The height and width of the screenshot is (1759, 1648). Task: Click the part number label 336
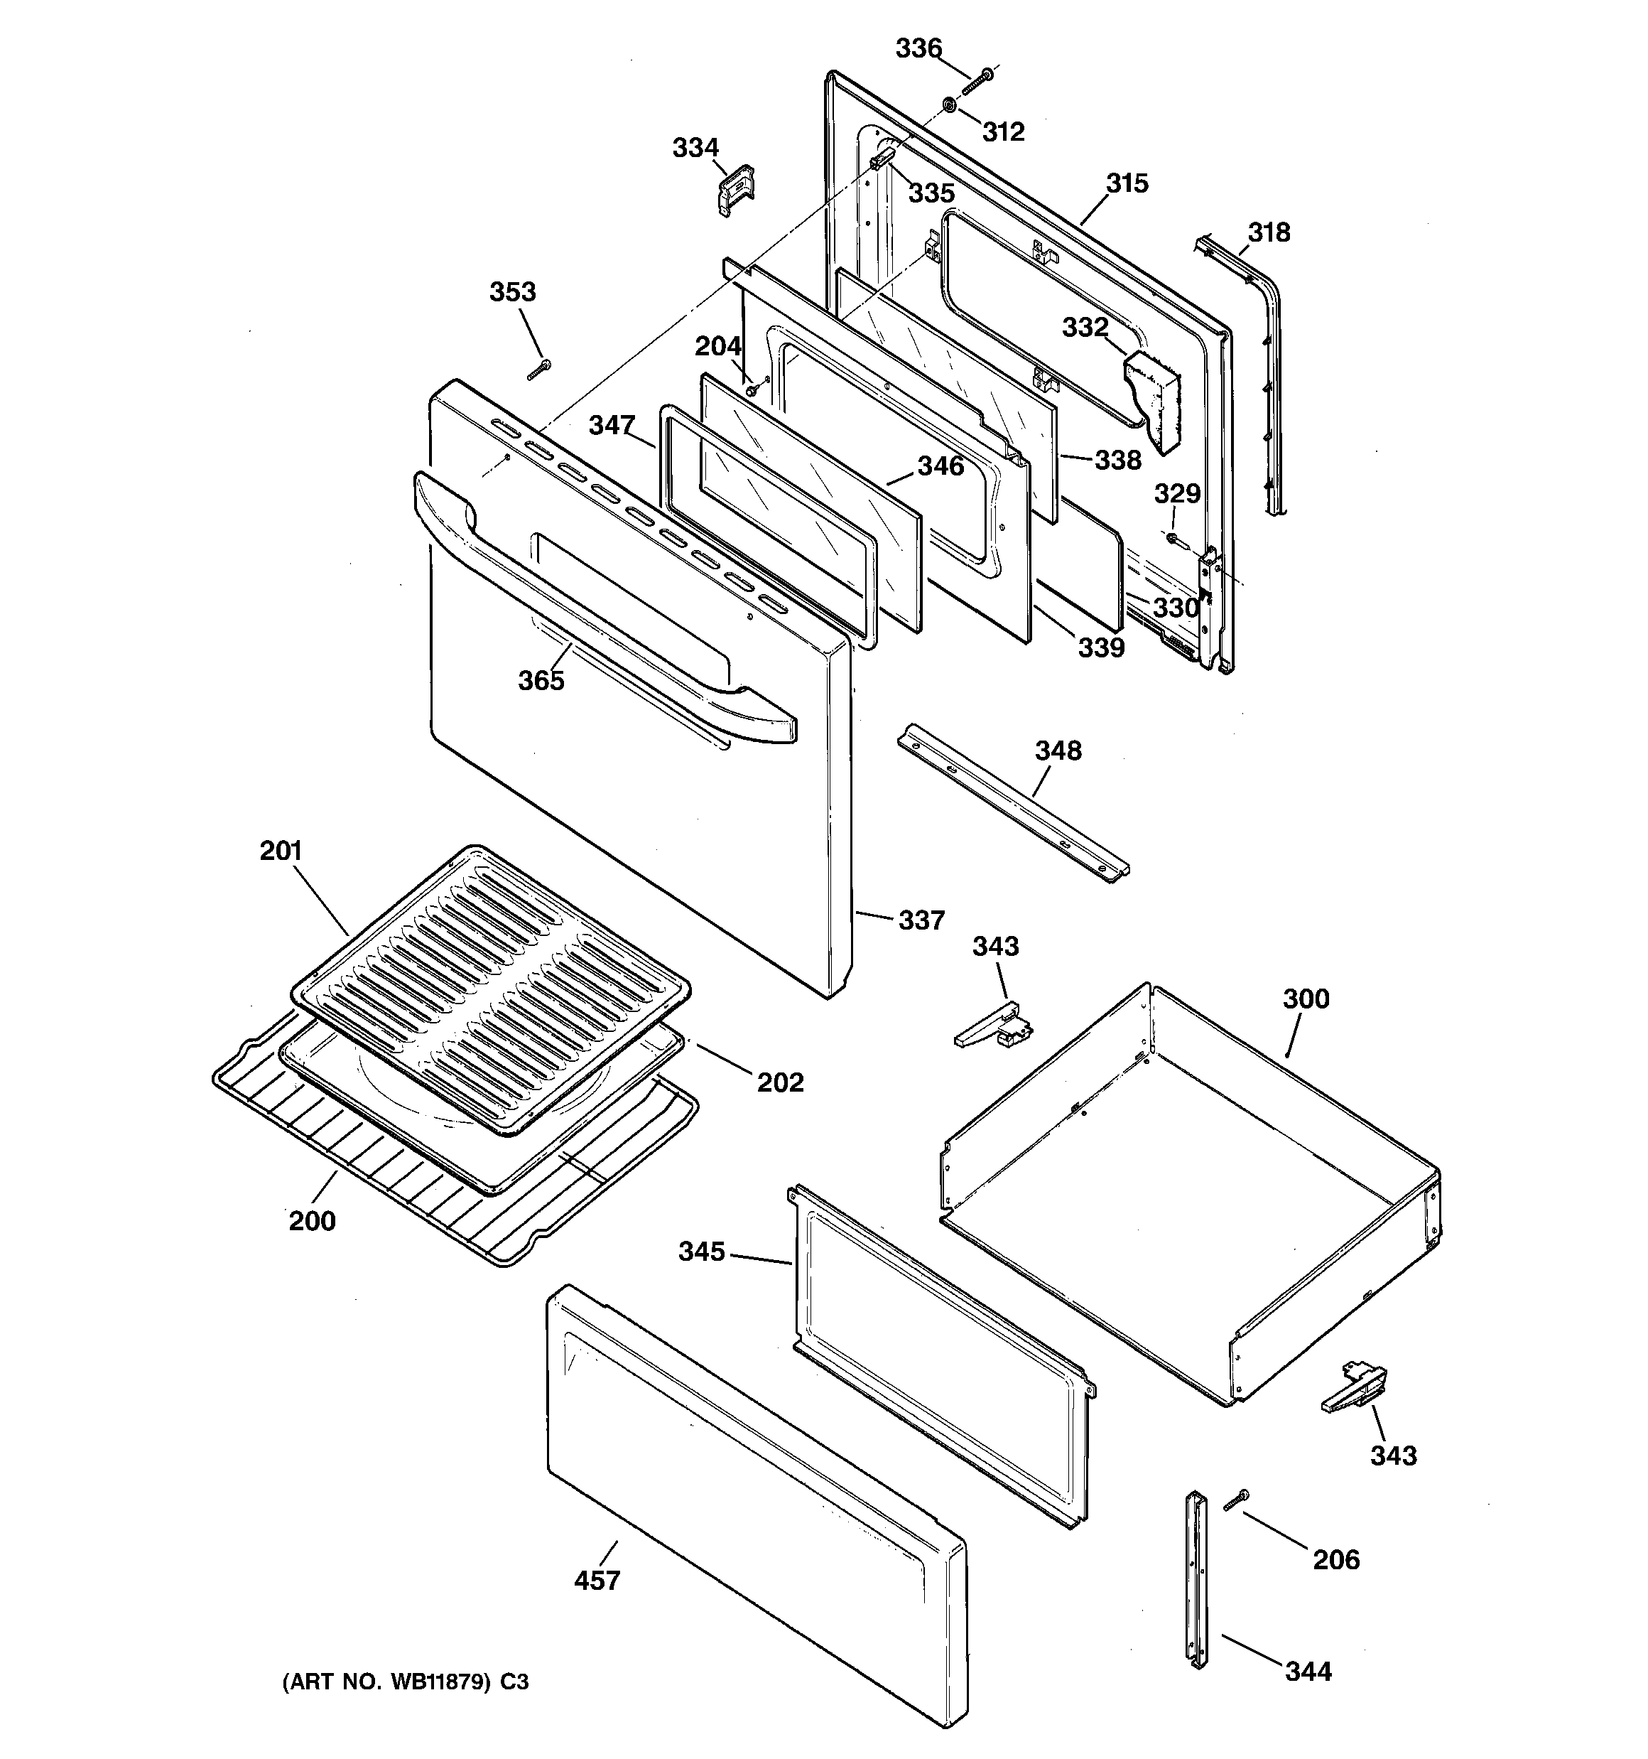(918, 48)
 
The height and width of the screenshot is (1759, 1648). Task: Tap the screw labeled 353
(538, 369)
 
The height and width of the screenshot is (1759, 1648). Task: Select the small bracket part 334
(735, 188)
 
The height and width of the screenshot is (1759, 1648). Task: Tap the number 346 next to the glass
(940, 466)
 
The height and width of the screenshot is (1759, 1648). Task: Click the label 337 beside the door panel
(922, 920)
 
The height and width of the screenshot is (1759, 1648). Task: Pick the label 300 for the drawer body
(1305, 999)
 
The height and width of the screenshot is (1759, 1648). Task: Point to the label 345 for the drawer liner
(702, 1251)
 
